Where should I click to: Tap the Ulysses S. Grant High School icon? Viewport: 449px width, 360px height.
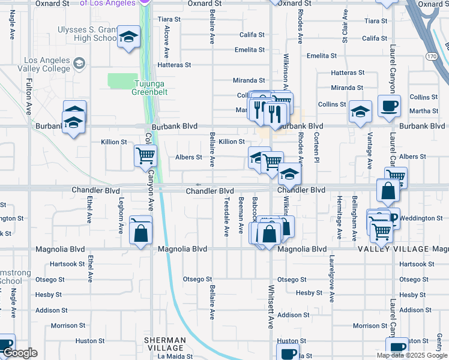pos(128,38)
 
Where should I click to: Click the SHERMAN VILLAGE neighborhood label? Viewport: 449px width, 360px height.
pos(164,344)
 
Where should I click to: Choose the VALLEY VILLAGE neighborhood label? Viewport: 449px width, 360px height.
pos(394,249)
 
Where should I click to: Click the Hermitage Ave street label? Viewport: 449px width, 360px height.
pos(340,217)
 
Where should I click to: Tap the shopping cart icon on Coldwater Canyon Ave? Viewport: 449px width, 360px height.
pos(145,157)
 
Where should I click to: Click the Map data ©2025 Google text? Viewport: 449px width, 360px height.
pos(411,355)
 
